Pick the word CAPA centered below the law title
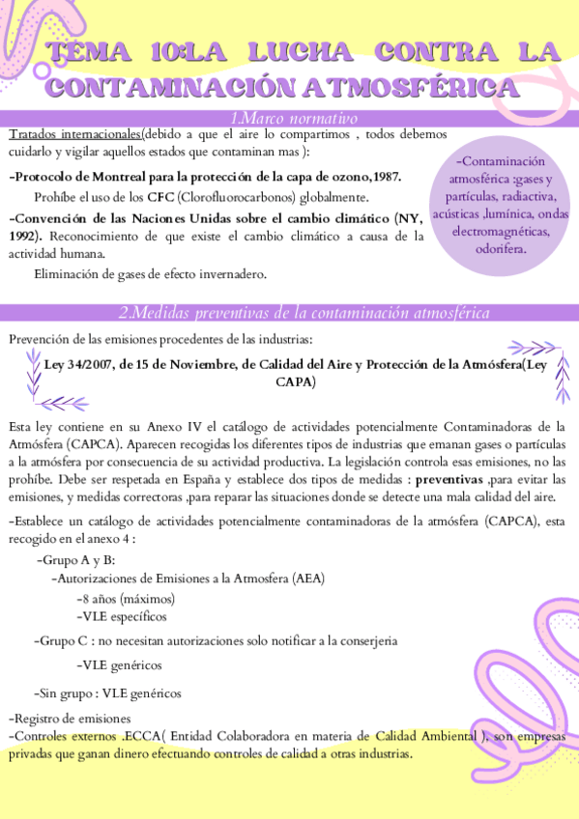295,382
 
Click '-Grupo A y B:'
74,561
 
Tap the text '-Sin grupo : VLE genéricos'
107,692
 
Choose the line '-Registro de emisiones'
69,719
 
